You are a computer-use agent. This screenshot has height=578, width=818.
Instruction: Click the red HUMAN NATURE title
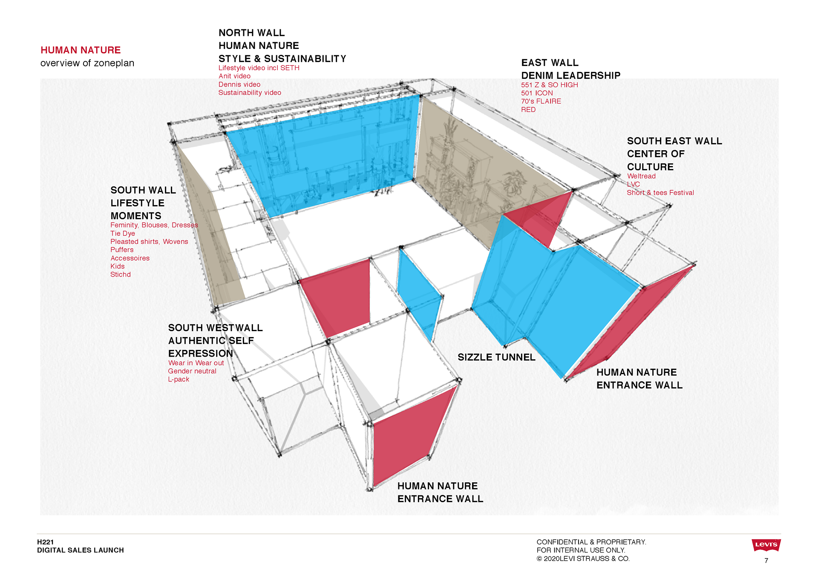pos(81,50)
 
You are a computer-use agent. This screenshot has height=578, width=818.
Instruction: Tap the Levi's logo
pos(766,545)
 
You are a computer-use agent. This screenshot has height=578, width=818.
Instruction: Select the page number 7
pos(766,561)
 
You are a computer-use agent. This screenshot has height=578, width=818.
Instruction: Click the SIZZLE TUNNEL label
pos(496,357)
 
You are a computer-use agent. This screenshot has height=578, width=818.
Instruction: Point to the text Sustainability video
pos(250,93)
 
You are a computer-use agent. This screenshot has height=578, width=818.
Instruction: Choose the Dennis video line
pos(239,84)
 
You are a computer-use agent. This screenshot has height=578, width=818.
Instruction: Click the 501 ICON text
pos(537,93)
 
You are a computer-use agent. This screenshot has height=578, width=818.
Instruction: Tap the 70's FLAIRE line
pos(541,101)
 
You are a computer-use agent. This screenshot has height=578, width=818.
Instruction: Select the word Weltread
pos(641,176)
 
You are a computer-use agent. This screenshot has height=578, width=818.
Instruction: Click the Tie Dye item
pos(123,233)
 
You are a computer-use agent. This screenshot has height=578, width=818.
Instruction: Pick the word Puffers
pos(122,250)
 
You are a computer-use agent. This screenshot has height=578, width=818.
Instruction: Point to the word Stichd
pos(121,275)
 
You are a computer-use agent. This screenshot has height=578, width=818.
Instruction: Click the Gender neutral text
pos(192,371)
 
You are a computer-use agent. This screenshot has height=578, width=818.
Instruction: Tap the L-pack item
pos(179,379)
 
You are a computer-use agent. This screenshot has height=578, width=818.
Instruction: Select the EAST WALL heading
pos(550,63)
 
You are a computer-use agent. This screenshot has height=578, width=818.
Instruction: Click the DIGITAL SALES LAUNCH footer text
pos(81,550)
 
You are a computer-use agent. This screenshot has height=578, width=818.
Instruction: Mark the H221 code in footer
pos(45,542)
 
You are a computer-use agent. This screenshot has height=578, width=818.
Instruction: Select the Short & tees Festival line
pos(660,193)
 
